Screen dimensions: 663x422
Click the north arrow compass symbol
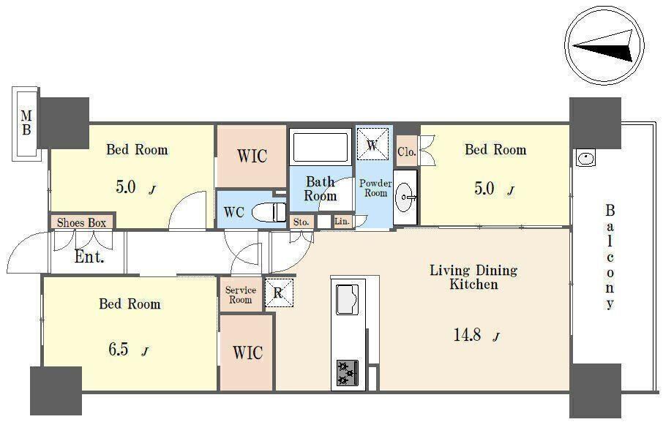(x=604, y=45)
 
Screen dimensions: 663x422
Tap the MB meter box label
(x=26, y=122)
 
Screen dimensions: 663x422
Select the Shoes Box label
(x=82, y=222)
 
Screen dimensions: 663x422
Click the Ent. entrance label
(x=89, y=257)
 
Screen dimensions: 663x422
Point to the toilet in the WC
(x=269, y=212)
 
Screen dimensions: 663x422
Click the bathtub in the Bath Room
(x=321, y=146)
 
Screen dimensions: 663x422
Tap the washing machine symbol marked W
(x=372, y=145)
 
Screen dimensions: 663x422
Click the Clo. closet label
(x=407, y=151)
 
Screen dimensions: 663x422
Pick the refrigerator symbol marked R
(x=279, y=293)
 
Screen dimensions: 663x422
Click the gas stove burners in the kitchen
(x=348, y=372)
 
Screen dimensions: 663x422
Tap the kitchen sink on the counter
(x=348, y=299)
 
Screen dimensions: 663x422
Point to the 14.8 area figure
(x=467, y=335)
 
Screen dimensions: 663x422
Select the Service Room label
(x=241, y=295)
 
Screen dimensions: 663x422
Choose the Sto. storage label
(x=301, y=222)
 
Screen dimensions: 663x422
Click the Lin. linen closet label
(x=342, y=221)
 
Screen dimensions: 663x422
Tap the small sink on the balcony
(x=585, y=159)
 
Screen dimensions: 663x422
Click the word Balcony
(x=610, y=257)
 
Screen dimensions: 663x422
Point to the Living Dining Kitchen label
(x=473, y=277)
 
